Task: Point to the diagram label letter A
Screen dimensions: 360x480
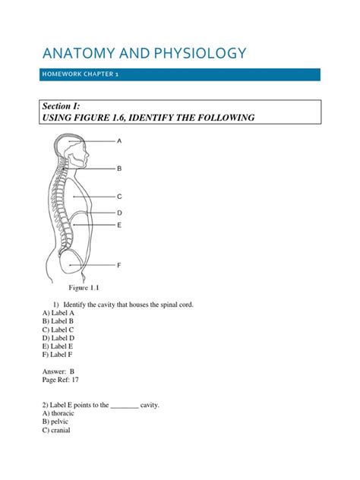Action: pos(119,141)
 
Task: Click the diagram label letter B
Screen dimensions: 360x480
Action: pos(119,168)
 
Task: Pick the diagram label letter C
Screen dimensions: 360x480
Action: pos(119,197)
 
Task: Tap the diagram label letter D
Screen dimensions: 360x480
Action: pos(119,213)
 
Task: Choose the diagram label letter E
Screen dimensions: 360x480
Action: pos(119,225)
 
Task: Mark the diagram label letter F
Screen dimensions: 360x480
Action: pos(119,265)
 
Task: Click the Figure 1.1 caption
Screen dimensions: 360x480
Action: pos(90,289)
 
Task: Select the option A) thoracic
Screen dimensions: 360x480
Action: pos(60,415)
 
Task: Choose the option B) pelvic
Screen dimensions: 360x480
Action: pos(56,423)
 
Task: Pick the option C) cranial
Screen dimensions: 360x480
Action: pos(58,431)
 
